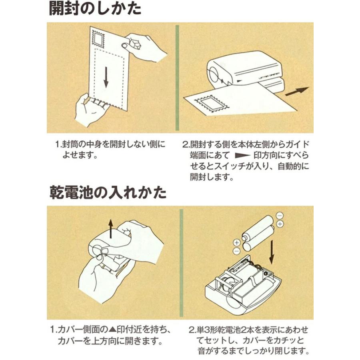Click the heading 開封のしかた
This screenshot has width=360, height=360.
click(95, 9)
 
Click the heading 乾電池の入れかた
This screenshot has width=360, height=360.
click(108, 192)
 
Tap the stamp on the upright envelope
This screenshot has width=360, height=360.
click(98, 40)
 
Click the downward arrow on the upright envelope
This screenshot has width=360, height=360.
click(106, 77)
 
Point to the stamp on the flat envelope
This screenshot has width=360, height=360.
click(212, 104)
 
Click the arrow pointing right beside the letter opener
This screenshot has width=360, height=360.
click(297, 91)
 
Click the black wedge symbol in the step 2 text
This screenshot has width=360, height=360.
click(242, 156)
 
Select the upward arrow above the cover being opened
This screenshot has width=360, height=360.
click(111, 229)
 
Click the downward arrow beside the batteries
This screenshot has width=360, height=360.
click(272, 252)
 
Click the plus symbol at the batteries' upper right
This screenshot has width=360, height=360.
click(280, 224)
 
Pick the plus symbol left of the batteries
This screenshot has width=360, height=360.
click(237, 242)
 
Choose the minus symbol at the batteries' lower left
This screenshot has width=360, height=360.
click(237, 251)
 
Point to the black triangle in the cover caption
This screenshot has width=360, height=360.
click(112, 330)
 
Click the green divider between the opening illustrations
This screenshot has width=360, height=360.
click(177, 78)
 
